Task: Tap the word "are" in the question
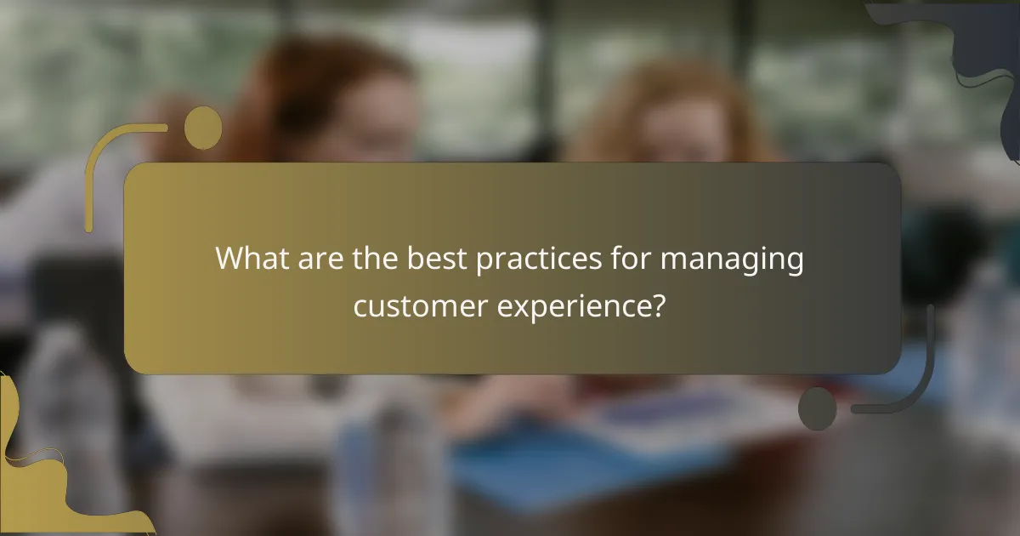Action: pyautogui.click(x=322, y=258)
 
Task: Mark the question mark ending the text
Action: pyautogui.click(x=657, y=305)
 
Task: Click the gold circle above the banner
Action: pyautogui.click(x=203, y=128)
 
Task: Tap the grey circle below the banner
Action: pyautogui.click(x=818, y=408)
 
